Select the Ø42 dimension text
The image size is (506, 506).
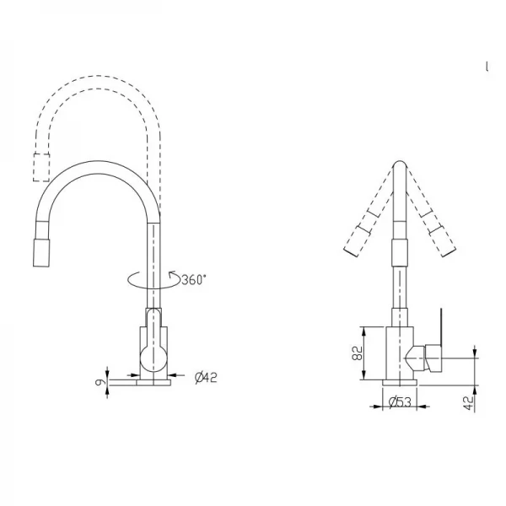click(206, 377)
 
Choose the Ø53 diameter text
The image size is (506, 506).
click(403, 403)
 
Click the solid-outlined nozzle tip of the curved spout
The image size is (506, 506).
click(40, 252)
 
